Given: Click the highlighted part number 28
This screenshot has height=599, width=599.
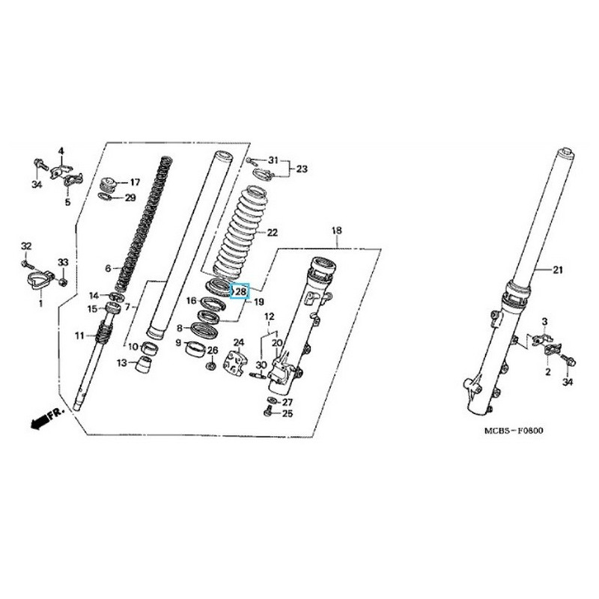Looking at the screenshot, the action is coord(241,292).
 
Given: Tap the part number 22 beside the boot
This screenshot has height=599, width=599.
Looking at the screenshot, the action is coord(272,232).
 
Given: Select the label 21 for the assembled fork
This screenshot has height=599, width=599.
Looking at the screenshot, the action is coord(558,270).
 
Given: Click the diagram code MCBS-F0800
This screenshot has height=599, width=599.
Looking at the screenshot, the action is coord(514,431).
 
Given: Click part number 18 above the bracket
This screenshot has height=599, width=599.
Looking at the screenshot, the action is coord(337,231).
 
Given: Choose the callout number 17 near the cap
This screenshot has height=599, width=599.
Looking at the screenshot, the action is coord(135,182).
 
